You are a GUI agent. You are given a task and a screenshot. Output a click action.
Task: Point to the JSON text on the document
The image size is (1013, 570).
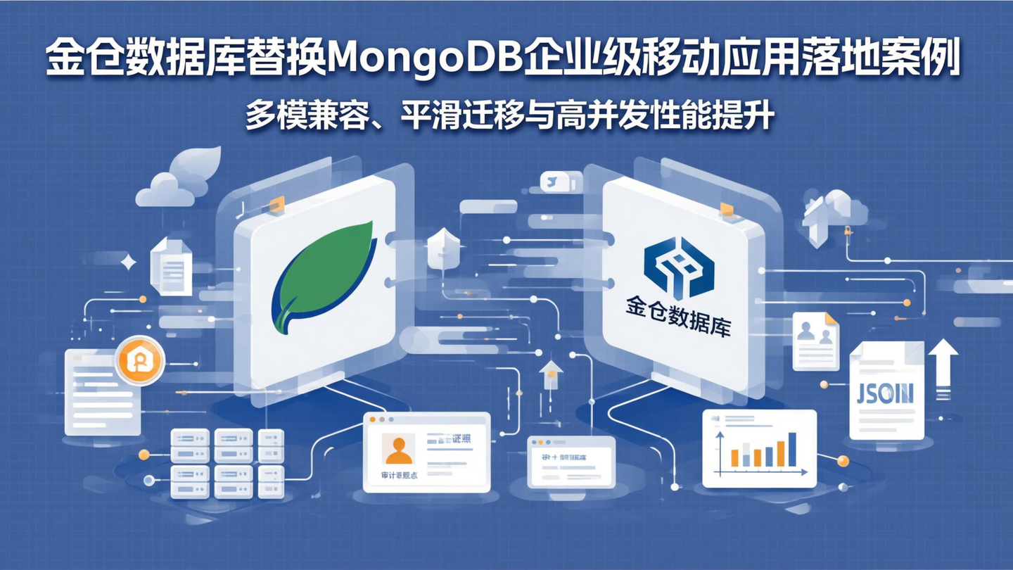pos(885,393)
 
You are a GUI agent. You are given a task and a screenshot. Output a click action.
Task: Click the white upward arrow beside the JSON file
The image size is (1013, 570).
pos(943,366)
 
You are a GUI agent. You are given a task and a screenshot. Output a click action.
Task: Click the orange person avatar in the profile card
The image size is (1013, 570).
pos(398,450)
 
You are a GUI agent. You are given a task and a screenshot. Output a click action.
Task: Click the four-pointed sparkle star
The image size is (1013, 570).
pos(129,263)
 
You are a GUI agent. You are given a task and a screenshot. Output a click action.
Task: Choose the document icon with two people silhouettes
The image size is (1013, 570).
pos(815,341)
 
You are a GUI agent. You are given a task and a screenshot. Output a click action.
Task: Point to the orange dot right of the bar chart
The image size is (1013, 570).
pos(843,461)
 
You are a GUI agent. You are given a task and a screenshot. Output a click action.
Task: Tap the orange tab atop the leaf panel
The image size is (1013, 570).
pos(276,204)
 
